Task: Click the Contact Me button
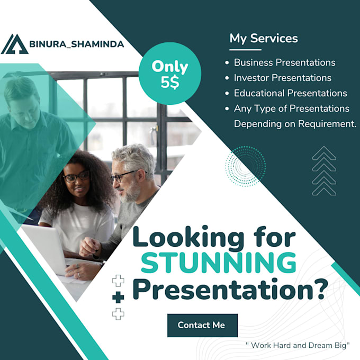(x=202, y=325)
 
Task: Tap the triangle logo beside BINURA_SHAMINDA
(x=14, y=44)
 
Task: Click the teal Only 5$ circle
(x=170, y=74)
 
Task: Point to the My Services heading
(x=264, y=38)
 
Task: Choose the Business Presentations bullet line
(x=284, y=62)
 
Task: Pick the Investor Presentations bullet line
(x=282, y=78)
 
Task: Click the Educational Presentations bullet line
(x=290, y=93)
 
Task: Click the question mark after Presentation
(x=320, y=291)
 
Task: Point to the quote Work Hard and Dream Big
(x=298, y=345)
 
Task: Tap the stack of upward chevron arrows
(x=324, y=170)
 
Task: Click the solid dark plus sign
(x=119, y=298)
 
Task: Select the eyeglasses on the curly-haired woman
(x=76, y=176)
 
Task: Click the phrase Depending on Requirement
(x=295, y=124)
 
